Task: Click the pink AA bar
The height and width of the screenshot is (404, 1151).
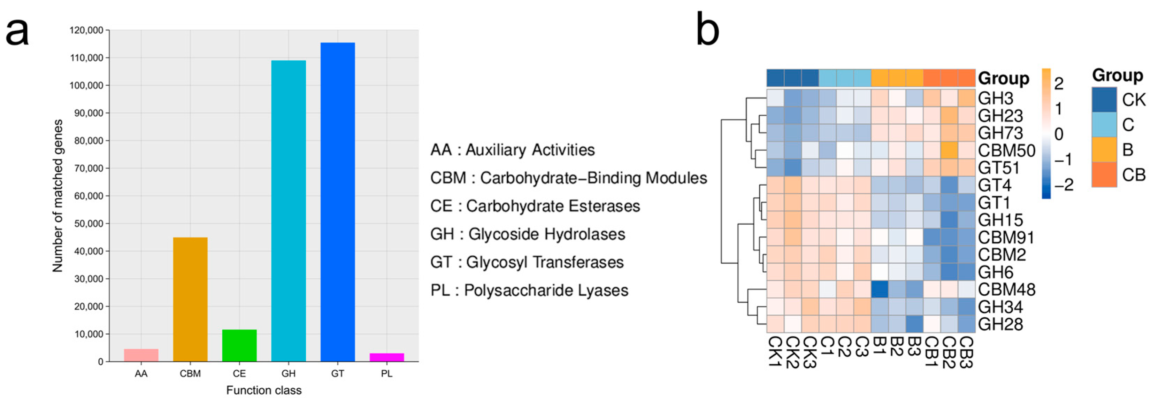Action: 141,355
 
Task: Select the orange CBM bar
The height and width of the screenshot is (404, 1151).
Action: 190,299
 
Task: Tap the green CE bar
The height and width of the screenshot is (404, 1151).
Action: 239,345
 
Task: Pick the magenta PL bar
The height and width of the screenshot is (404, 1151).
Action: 386,357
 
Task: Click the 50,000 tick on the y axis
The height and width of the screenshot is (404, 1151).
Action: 88,224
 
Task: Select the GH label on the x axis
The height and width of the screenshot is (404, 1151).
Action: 288,374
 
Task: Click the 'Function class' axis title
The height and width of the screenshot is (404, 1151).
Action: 264,390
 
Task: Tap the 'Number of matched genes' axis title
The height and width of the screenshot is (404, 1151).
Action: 57,195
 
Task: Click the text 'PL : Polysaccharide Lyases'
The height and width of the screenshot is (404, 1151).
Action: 529,290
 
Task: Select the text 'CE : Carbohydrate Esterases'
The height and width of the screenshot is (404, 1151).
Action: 535,206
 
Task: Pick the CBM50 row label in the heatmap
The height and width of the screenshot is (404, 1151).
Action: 1006,150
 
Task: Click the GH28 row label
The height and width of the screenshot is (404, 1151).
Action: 1000,324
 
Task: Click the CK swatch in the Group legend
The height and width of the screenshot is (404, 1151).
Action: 1104,100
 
